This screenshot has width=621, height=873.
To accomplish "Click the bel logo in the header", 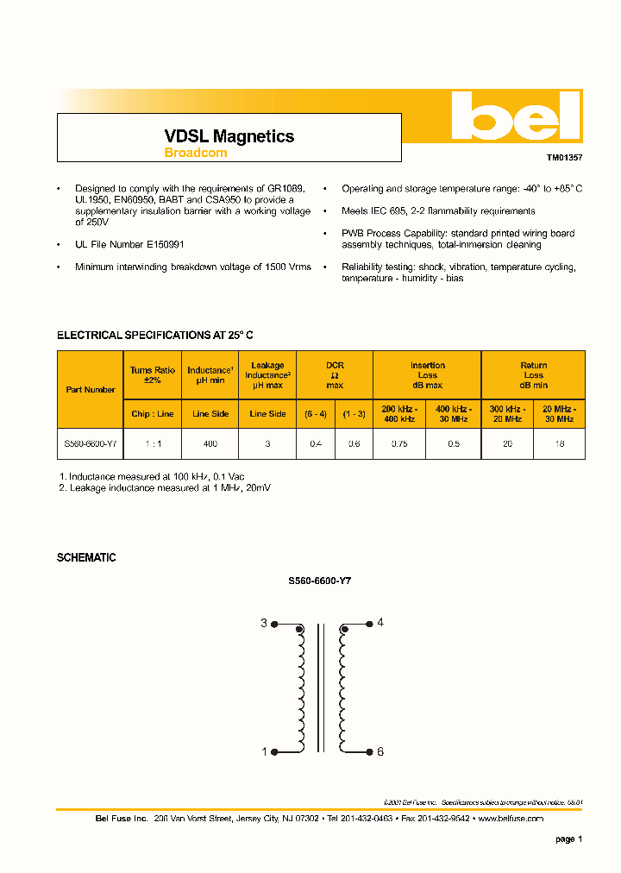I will (516, 116).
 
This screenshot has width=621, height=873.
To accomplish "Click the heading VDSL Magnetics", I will (229, 136).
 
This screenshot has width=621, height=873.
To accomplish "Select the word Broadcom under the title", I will (196, 153).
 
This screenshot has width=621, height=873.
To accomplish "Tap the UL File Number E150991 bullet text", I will (129, 245).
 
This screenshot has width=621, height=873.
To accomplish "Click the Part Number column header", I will (91, 390).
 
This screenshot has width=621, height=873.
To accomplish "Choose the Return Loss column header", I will (533, 375).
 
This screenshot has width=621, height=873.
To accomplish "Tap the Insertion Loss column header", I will (427, 375).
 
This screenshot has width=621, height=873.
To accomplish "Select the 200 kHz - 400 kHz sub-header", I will (399, 413).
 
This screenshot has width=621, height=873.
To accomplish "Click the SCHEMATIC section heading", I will (86, 558).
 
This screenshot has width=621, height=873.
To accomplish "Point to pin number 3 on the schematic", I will (264, 623).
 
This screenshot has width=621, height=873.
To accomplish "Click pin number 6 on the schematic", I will (380, 751).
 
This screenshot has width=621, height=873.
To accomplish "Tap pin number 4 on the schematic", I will (380, 623).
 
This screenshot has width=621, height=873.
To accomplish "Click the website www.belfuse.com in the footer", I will (510, 818).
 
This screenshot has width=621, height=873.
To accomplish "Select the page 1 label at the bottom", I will (569, 839).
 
